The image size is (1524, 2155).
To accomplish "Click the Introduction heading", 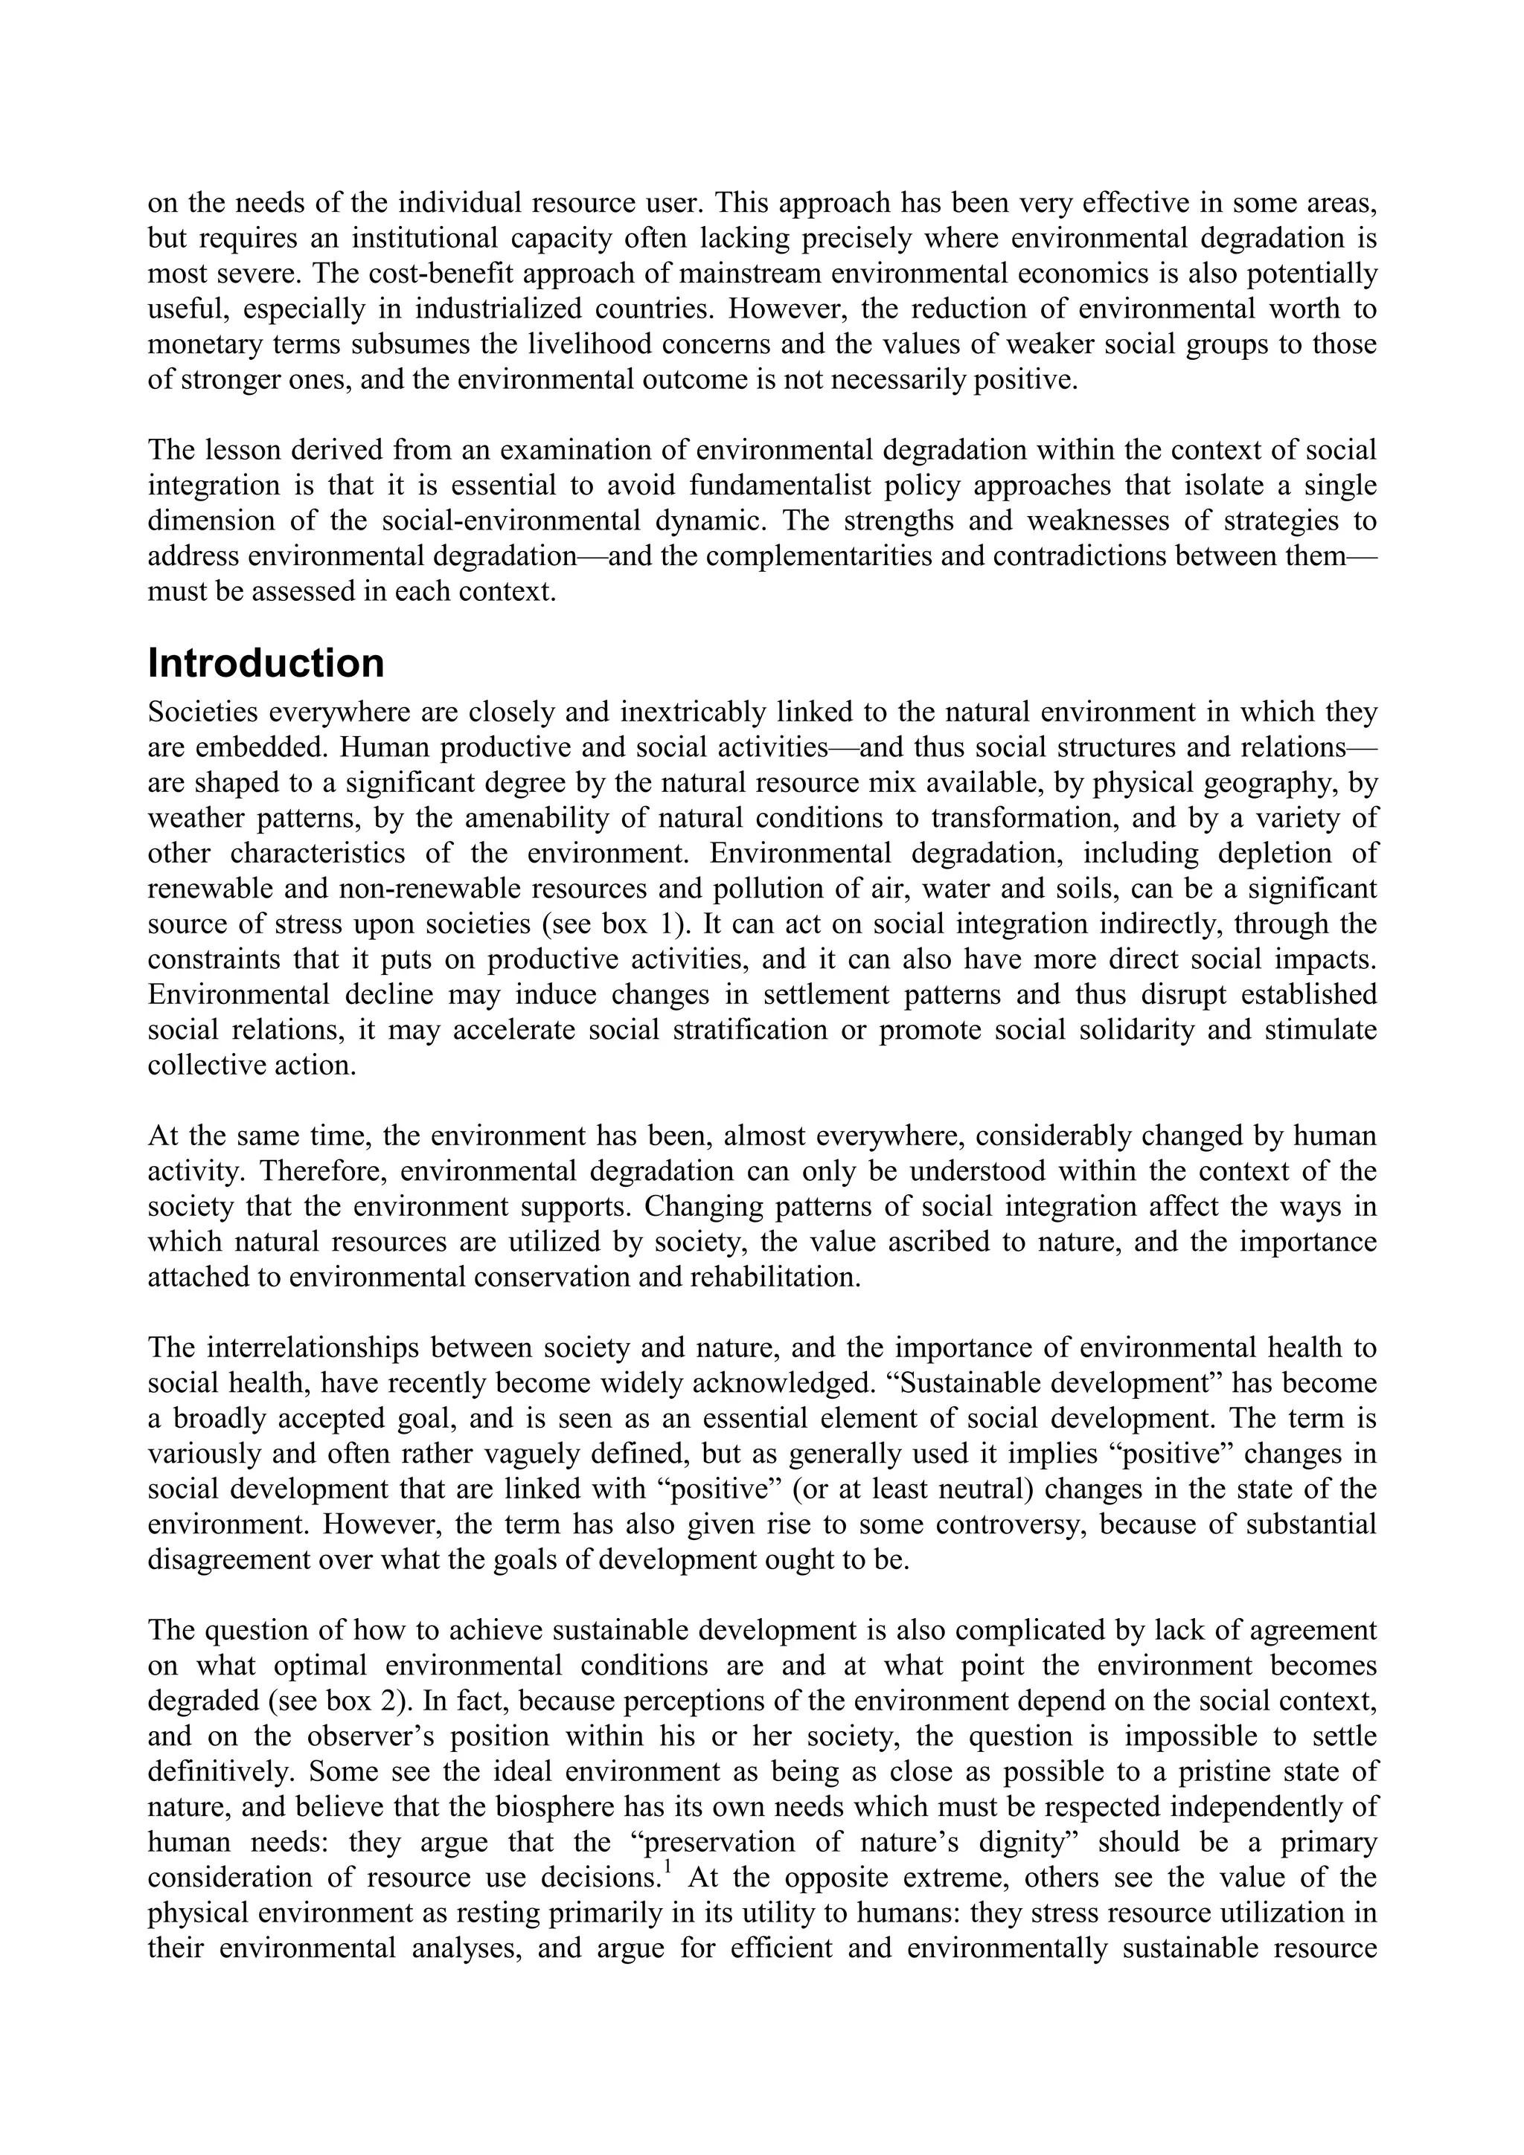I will [x=266, y=663].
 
